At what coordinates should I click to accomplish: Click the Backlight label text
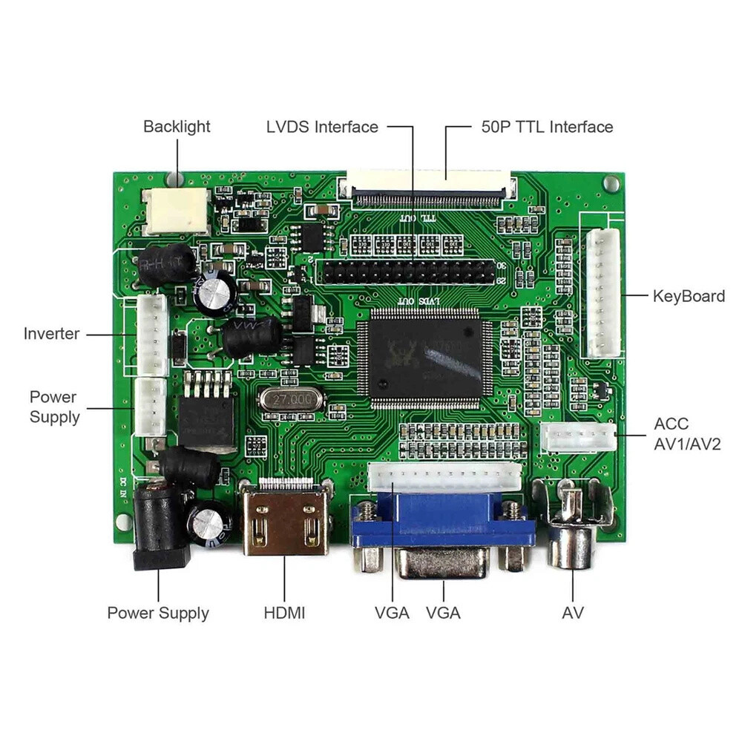pos(177,127)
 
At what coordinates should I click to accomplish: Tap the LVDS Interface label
pos(322,127)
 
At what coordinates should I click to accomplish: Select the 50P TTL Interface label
pos(547,127)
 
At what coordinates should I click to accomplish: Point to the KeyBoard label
pos(689,296)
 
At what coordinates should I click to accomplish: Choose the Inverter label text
pos(51,334)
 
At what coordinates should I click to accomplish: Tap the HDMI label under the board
pos(284,613)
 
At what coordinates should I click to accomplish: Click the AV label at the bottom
pos(573,613)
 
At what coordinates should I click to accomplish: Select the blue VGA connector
pos(442,523)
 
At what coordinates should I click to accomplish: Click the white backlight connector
pos(177,209)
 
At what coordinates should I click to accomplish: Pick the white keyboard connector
pos(603,293)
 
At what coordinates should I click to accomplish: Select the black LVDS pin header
pos(407,272)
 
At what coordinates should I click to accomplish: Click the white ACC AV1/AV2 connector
pos(578,438)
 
